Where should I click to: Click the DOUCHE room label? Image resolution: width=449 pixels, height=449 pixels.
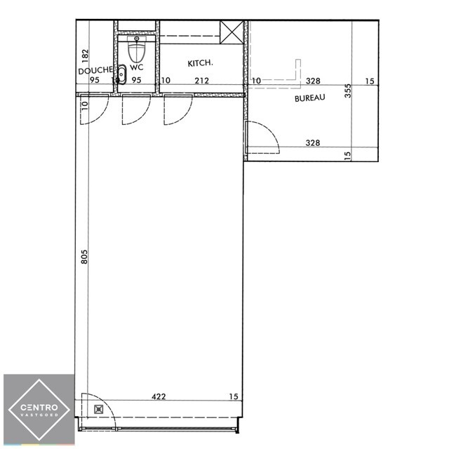[95, 70]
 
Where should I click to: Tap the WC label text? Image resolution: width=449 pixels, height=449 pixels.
[137, 67]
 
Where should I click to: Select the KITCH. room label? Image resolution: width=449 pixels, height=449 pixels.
[200, 63]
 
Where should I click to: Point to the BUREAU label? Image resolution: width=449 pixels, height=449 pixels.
[310, 98]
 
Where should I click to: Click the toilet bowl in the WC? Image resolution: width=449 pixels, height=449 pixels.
[137, 53]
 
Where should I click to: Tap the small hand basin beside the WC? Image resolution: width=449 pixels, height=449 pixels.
[121, 74]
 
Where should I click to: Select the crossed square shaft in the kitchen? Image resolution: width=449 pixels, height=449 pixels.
[232, 32]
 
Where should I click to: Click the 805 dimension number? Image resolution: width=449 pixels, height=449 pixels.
[84, 257]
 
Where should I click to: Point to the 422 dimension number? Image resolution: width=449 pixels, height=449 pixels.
[159, 396]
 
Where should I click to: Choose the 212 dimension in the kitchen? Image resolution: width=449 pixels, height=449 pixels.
[201, 81]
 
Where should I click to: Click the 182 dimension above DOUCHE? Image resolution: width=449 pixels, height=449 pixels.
[85, 56]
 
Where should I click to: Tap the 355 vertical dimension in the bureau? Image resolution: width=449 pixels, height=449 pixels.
[347, 91]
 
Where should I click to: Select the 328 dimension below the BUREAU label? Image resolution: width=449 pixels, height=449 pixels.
[313, 142]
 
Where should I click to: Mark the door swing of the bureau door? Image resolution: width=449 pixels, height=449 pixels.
[269, 130]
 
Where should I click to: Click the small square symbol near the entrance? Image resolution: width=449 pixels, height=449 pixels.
[98, 410]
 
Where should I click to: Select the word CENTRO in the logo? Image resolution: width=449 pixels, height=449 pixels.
[39, 407]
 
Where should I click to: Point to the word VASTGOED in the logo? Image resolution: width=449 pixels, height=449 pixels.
[39, 415]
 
